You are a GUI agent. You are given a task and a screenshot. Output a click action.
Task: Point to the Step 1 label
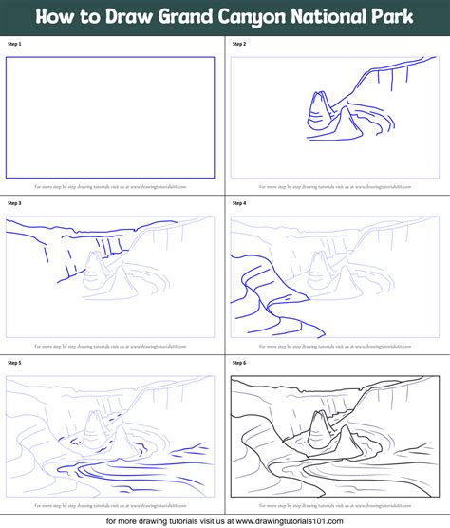coord(13,44)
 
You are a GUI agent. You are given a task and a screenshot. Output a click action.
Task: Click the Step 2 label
coord(238,44)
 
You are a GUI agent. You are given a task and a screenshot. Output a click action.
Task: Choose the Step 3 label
coord(13,203)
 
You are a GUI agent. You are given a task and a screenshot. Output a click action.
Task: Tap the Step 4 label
coord(238,203)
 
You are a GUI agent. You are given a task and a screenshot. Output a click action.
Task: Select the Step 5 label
coord(13,363)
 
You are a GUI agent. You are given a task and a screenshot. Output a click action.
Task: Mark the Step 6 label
coord(238,363)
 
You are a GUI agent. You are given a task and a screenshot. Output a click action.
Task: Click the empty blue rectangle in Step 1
coord(110,117)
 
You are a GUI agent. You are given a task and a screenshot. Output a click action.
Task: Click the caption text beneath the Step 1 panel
coord(110,187)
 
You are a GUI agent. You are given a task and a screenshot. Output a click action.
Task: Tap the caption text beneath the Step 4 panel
coord(335,347)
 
